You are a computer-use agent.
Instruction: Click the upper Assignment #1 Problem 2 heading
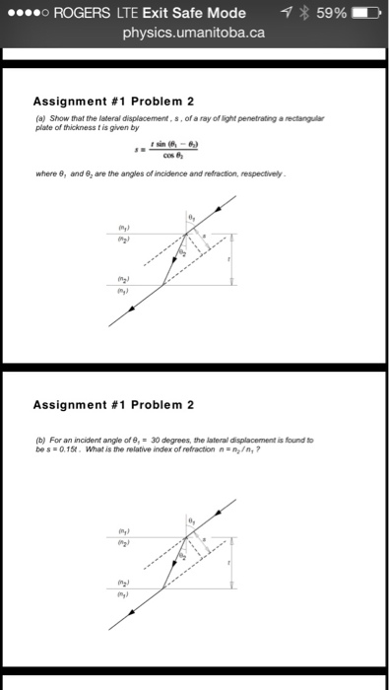point(113,100)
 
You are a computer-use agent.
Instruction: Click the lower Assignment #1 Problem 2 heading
point(113,404)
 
